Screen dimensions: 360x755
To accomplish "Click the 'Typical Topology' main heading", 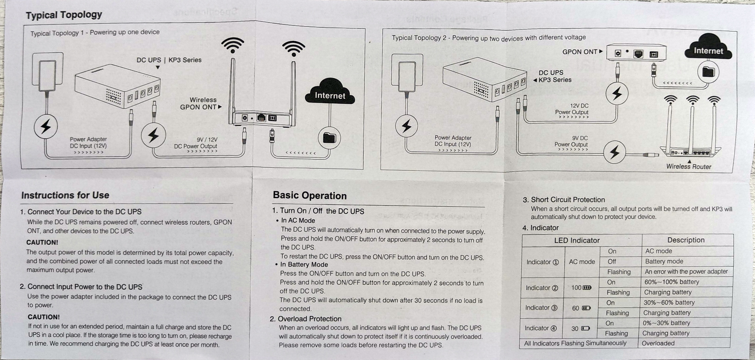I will [x=64, y=15].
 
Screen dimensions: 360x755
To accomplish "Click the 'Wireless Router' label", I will [x=689, y=166].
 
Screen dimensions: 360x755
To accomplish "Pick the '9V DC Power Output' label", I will [x=571, y=141].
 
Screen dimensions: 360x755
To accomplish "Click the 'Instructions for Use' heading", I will [x=65, y=195].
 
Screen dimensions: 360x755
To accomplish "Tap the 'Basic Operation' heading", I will [x=309, y=196].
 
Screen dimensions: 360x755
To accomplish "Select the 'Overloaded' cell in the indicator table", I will [x=658, y=343].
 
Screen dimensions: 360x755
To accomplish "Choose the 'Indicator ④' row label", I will [x=540, y=328].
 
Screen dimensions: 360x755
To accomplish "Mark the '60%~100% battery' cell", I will [x=671, y=282].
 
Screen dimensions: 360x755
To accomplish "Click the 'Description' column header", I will [x=686, y=240].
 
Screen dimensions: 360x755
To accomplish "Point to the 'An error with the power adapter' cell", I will [x=686, y=272].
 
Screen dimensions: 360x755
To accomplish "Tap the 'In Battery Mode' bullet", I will [x=304, y=264].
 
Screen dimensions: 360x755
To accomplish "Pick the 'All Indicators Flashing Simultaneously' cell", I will [x=575, y=343].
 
